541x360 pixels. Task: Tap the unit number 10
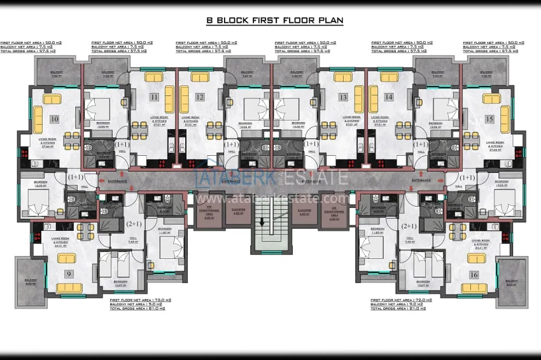click(x=54, y=119)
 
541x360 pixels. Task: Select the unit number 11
click(x=155, y=97)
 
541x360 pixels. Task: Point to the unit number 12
click(x=200, y=97)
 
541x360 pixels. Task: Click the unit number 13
click(x=344, y=97)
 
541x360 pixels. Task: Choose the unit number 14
click(x=388, y=97)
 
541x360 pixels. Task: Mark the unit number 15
click(x=489, y=119)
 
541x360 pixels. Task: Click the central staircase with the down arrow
click(x=271, y=232)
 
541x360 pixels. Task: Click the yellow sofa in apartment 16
click(x=474, y=260)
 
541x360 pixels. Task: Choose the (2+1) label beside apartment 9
click(x=134, y=225)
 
